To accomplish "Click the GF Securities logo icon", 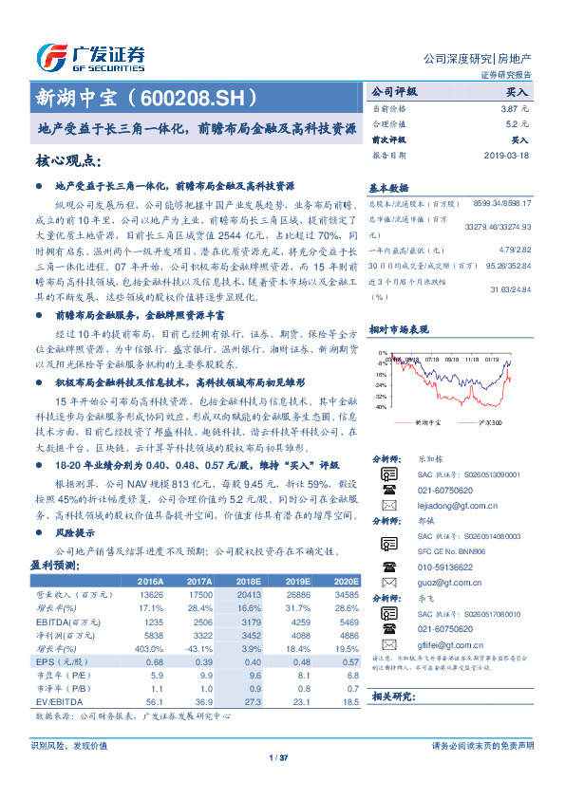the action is (52, 55).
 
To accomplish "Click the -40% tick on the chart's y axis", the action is (381, 406).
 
